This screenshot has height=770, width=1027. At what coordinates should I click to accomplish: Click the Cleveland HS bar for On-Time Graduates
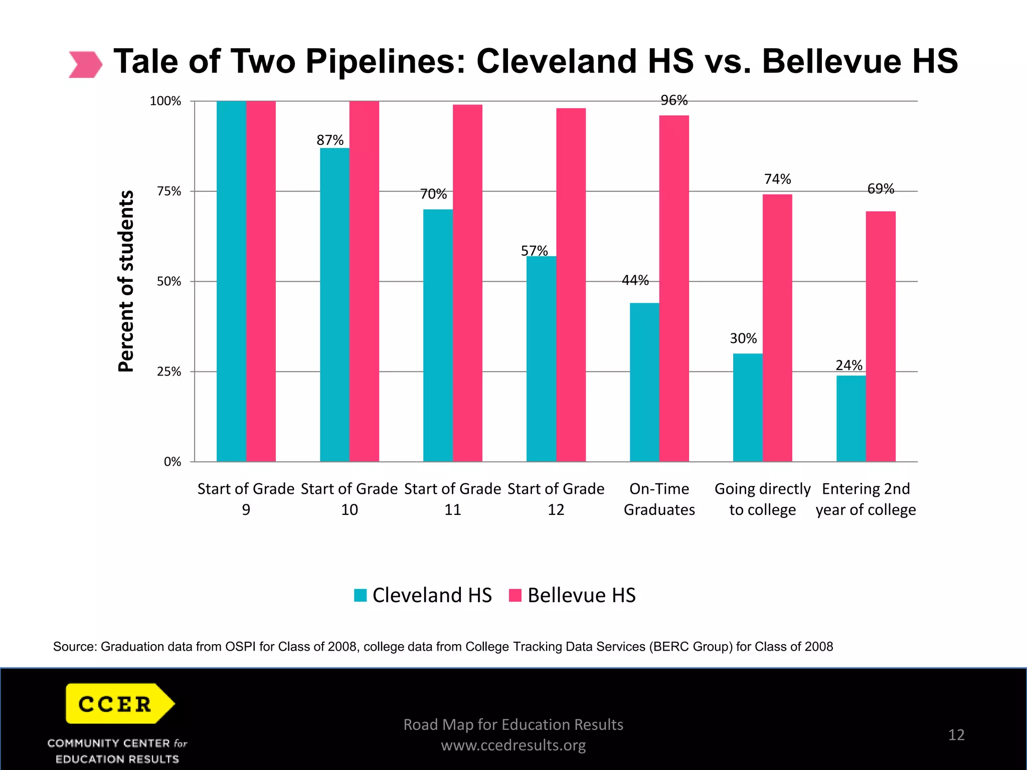point(644,382)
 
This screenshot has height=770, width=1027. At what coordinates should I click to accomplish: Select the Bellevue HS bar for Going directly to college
point(777,328)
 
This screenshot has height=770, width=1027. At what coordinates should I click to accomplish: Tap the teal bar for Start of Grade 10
point(334,304)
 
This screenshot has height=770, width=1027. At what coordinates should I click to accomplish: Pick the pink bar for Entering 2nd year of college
point(881,336)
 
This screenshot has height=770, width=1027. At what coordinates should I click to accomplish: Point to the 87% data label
point(330,140)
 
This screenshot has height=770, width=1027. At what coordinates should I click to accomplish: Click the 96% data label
point(674,100)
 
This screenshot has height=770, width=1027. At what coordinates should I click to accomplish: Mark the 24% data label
point(849,365)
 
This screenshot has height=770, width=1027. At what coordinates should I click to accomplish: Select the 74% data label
point(777,179)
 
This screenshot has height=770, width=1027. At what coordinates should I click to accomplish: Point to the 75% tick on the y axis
point(169,191)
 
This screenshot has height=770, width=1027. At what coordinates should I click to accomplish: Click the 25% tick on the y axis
point(169,372)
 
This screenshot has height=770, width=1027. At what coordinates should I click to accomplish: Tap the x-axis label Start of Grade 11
point(452,499)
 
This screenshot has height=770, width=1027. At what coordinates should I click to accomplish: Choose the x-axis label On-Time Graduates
point(659,499)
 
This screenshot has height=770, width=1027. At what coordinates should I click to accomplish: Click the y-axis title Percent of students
point(126,281)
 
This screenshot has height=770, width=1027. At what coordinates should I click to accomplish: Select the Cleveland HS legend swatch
point(361,595)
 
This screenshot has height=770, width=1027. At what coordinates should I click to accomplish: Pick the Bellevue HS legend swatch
point(515,595)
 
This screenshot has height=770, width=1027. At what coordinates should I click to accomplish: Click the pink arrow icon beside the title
point(85,64)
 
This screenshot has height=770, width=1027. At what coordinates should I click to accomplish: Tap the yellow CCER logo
point(119,703)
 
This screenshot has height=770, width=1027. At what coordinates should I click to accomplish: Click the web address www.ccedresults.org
point(513,745)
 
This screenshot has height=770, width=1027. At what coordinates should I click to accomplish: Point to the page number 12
point(956,735)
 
